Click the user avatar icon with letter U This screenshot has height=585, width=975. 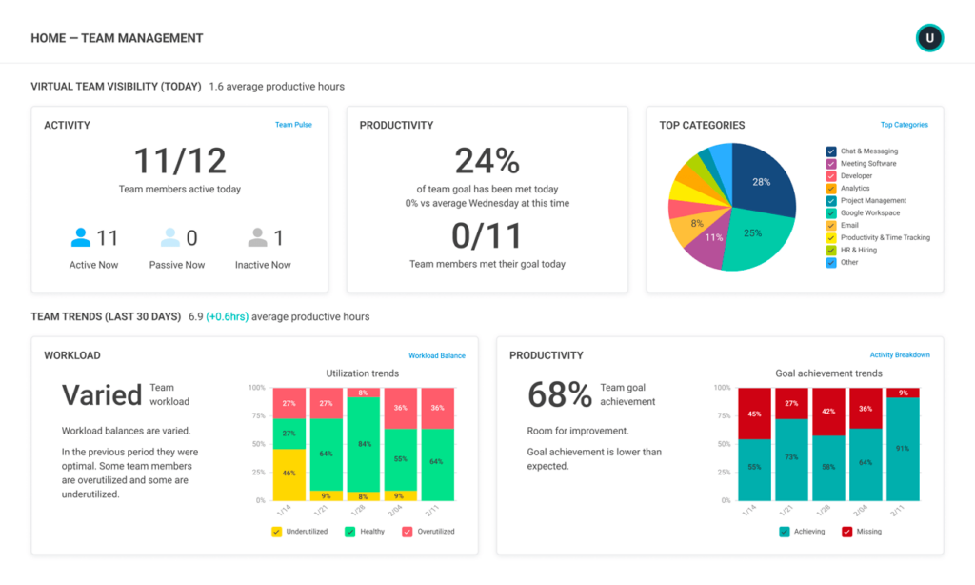(x=929, y=38)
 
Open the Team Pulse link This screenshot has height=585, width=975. (x=293, y=125)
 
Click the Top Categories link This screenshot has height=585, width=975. (x=904, y=125)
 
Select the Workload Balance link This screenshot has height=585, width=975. (x=437, y=355)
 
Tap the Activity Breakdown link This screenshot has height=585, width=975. (x=900, y=355)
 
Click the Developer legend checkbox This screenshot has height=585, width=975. (x=831, y=176)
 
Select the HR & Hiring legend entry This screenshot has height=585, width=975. (x=858, y=250)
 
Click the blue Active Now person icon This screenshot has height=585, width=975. (x=81, y=237)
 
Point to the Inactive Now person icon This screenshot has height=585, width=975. (x=257, y=237)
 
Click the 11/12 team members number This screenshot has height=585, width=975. (x=180, y=161)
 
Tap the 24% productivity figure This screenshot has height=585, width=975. (x=487, y=161)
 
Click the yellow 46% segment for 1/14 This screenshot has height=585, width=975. (x=289, y=474)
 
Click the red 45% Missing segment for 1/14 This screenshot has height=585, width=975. (x=754, y=414)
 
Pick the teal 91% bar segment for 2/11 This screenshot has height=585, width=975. (x=903, y=449)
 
